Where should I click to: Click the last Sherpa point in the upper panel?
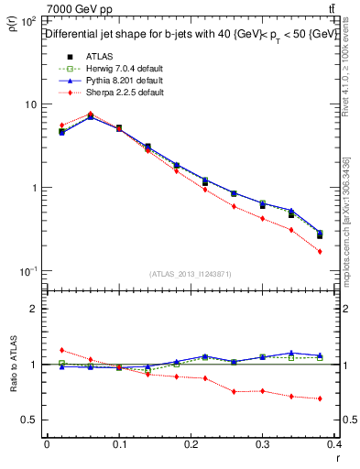pos(320,251)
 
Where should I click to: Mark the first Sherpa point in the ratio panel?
pos(60,350)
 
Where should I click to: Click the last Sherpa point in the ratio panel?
pos(320,398)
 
